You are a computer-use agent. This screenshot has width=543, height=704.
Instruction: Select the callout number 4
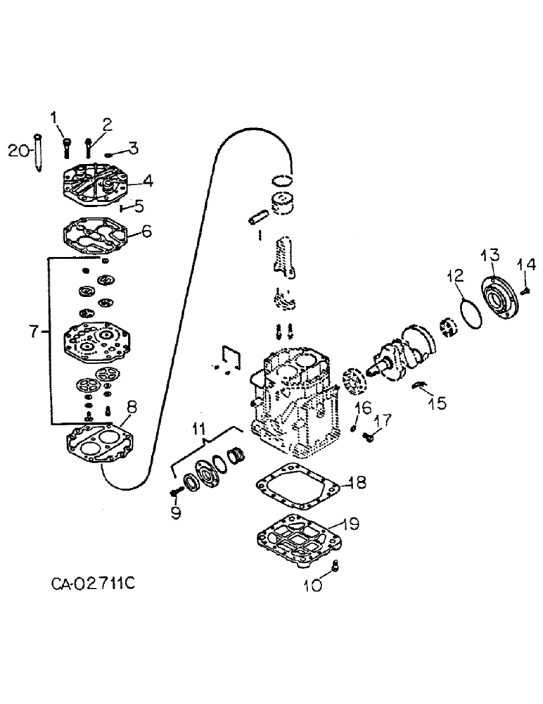pyautogui.click(x=148, y=180)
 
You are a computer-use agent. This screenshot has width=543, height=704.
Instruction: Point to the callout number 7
pyautogui.click(x=31, y=330)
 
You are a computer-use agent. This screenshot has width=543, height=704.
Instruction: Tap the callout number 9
pyautogui.click(x=176, y=512)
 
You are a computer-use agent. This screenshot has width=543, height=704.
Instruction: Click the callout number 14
pyautogui.click(x=528, y=265)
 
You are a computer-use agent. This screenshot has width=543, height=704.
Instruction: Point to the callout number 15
pyautogui.click(x=437, y=403)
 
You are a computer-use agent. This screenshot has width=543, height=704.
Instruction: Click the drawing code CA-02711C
pyautogui.click(x=98, y=584)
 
